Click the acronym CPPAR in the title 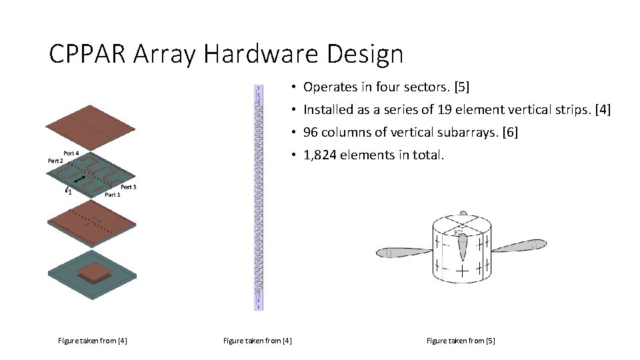[x=87, y=54]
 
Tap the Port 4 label [x=71, y=153]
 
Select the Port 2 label [x=55, y=161]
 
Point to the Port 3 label [x=129, y=187]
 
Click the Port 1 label [x=113, y=195]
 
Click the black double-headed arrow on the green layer [x=79, y=179]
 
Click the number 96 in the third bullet [x=310, y=133]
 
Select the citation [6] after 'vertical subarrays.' [x=509, y=133]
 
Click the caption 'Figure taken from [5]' [x=461, y=341]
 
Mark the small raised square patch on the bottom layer [x=93, y=270]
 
